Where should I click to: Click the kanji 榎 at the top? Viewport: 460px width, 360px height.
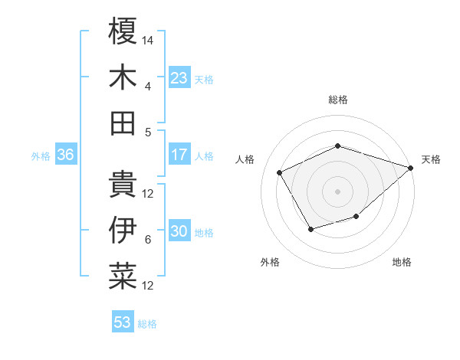point(123,33)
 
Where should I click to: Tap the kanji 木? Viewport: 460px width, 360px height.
point(123,77)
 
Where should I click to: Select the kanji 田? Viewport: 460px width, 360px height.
point(123,123)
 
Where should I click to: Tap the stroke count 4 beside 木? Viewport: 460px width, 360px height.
point(148,86)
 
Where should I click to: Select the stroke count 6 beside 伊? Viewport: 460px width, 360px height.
point(148,240)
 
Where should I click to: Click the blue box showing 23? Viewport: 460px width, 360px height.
point(179,78)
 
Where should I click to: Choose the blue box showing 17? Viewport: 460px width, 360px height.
point(179,155)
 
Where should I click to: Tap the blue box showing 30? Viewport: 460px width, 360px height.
point(179,231)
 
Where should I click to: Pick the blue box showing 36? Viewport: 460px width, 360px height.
point(66,155)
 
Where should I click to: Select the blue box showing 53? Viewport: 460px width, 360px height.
point(123,322)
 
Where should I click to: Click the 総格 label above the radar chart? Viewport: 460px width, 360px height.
point(338,100)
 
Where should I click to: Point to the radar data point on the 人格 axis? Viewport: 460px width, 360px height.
point(279,172)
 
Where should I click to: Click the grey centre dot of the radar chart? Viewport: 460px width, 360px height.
point(337,191)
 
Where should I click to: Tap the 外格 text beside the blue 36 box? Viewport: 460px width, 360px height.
point(41,156)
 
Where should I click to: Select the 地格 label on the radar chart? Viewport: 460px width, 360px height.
point(402,263)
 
